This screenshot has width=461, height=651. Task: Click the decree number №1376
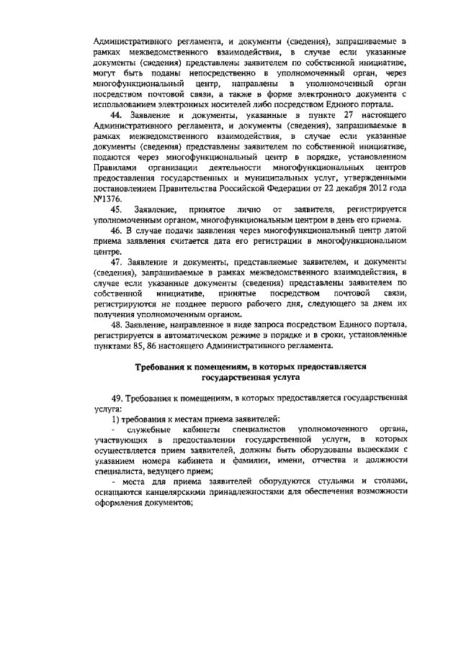tap(107, 198)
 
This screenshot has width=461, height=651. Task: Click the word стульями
tap(328, 481)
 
